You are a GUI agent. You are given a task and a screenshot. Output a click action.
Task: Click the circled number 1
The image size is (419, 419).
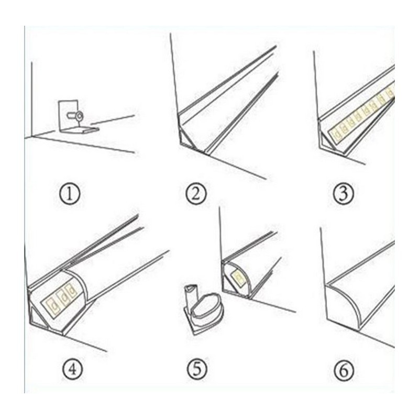point(70,195)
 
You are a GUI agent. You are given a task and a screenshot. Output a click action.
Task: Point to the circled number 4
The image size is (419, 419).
point(72,369)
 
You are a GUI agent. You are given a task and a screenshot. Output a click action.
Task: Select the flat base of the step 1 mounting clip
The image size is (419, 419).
point(84,127)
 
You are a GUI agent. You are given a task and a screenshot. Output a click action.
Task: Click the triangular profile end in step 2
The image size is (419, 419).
point(187,137)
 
